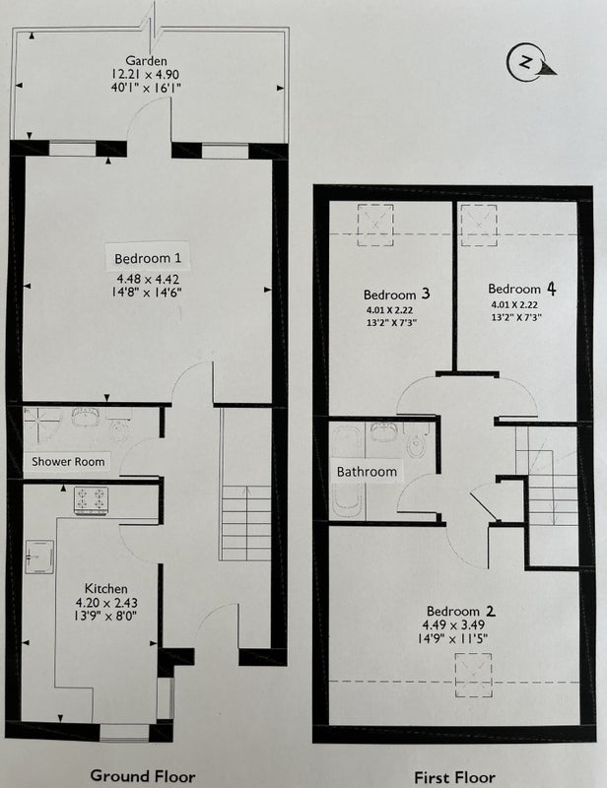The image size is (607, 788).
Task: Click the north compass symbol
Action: pyautogui.click(x=529, y=63)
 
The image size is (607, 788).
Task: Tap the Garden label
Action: pyautogui.click(x=146, y=61)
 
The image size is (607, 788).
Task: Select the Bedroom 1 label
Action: pyautogui.click(x=148, y=258)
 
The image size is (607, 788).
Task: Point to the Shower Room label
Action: pyautogui.click(x=68, y=461)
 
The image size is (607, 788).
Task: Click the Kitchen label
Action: pyautogui.click(x=105, y=588)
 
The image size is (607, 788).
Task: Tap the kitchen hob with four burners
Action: pyautogui.click(x=91, y=499)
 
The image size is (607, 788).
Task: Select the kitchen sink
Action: pyautogui.click(x=39, y=557)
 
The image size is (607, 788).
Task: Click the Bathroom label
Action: pyautogui.click(x=367, y=472)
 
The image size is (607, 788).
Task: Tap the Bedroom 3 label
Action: pyautogui.click(x=397, y=294)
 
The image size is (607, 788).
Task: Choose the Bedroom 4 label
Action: pyautogui.click(x=522, y=289)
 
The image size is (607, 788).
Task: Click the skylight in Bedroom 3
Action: pyautogui.click(x=375, y=225)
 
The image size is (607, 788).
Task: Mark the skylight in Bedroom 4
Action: pyautogui.click(x=479, y=225)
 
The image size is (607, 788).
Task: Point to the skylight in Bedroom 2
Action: pyautogui.click(x=473, y=675)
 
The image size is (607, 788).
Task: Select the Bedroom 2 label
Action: pyautogui.click(x=460, y=611)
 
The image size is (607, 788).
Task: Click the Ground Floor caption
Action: pyautogui.click(x=143, y=775)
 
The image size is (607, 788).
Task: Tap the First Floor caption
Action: pyautogui.click(x=454, y=777)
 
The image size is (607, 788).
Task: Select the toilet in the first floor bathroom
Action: pyautogui.click(x=416, y=441)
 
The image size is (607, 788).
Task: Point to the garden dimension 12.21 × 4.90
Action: pyautogui.click(x=145, y=75)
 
